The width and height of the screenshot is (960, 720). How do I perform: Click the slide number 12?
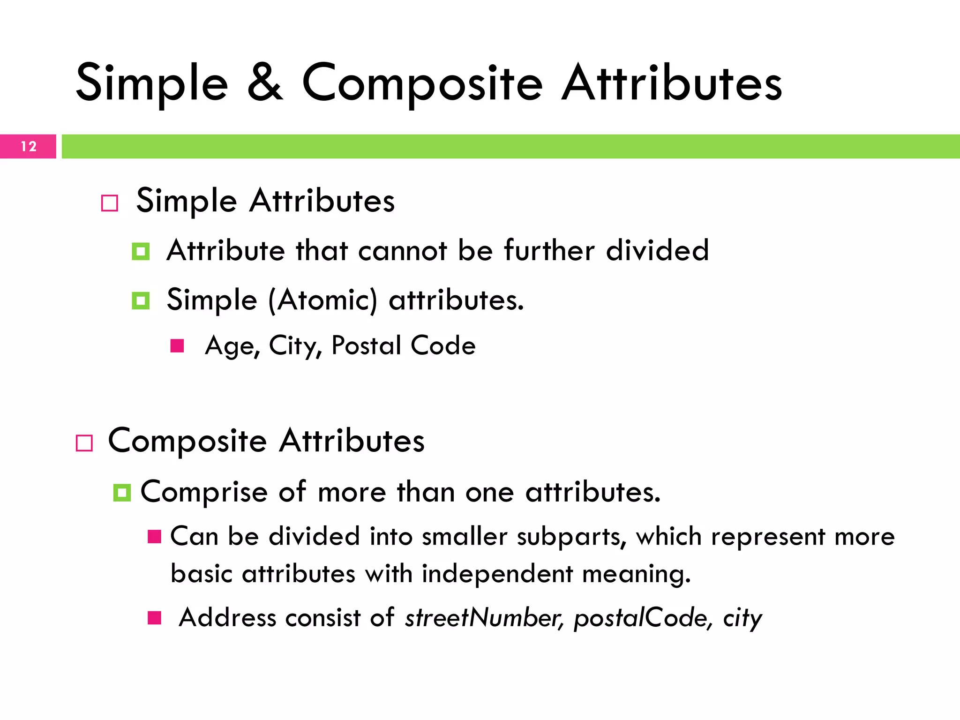coord(29,147)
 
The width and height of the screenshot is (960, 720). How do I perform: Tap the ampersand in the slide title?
coord(265,83)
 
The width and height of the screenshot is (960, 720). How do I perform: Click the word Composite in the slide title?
coord(422,84)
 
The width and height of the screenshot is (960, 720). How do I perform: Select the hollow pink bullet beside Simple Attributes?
coord(110,203)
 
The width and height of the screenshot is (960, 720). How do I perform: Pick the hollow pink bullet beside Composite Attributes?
coord(84,443)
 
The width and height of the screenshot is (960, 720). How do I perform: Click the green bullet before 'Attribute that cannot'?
coord(141,251)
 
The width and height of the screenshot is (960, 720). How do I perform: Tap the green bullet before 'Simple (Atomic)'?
coord(141,301)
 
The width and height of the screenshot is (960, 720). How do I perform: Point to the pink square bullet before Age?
coord(177,346)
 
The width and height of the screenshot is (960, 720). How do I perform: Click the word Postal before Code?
coord(366,346)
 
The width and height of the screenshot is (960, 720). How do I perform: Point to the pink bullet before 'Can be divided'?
coord(154,537)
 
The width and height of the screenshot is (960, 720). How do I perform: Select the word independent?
coord(497,574)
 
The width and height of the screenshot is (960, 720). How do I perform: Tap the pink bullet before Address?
coord(154,618)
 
